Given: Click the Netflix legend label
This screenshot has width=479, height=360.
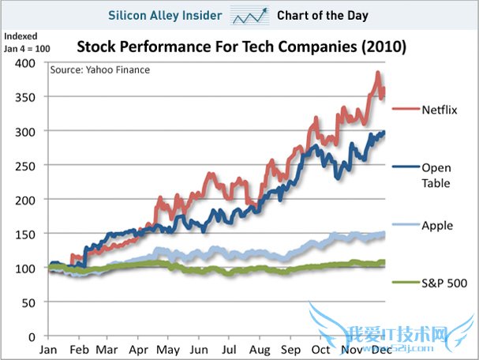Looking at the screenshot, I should point(439,110).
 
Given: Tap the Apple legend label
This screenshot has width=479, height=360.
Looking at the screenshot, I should point(437,225).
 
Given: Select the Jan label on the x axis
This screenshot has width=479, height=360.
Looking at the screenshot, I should point(48,348).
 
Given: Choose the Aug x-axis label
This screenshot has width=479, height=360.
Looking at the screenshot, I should point(260,348).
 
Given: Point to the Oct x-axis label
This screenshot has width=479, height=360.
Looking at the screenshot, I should point(320,348).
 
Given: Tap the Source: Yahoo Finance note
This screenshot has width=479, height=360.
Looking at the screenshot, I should point(99,69).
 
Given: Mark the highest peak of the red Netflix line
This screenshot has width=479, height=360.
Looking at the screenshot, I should point(378,73).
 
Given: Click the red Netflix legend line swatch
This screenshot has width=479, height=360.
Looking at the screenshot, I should point(404,110).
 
